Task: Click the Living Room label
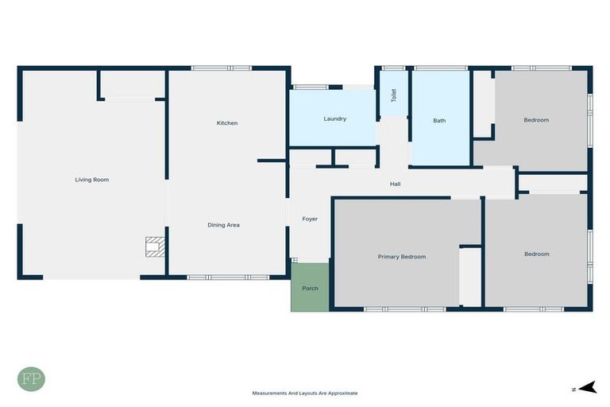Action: coord(91,180)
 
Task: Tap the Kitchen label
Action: coord(227,123)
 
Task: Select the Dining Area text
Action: coord(223,225)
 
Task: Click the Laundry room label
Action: coord(334,119)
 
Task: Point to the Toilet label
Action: coord(393,95)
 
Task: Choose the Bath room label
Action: coord(439,121)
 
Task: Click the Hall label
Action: coord(395,184)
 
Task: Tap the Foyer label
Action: coord(310,219)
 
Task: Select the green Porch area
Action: coord(310,287)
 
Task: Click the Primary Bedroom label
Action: coord(401,257)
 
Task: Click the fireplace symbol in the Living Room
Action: coord(153,246)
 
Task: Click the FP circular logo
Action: coord(31,378)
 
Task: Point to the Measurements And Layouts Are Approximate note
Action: coord(305,393)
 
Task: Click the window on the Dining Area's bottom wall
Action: coord(217,277)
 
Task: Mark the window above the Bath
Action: coord(440,68)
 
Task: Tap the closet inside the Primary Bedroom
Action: coord(470,276)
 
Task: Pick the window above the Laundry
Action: coord(311,87)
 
